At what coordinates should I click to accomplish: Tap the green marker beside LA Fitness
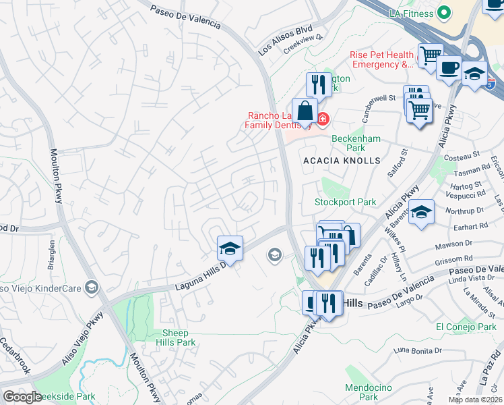[443, 12]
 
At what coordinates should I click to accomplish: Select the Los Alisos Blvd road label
[286, 41]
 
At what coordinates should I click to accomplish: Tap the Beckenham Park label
[348, 143]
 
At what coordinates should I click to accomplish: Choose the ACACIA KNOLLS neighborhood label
[342, 161]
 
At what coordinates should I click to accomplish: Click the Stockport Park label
[345, 202]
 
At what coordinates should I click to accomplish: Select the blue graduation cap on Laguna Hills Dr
[230, 249]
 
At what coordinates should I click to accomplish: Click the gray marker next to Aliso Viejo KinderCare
[92, 288]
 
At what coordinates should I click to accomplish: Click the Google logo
[22, 397]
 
